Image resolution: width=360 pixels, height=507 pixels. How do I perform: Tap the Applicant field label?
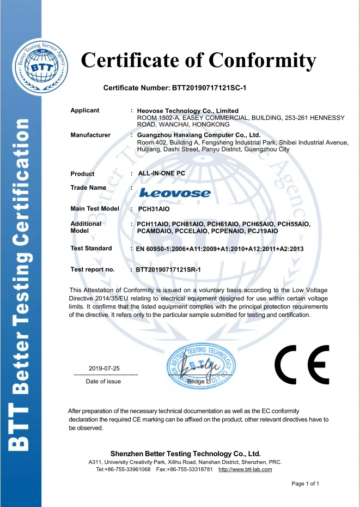pos(85,111)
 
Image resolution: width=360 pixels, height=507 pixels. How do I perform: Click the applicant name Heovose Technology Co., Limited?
pos(188,111)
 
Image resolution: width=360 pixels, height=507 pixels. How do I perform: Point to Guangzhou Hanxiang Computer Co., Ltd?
pos(199,135)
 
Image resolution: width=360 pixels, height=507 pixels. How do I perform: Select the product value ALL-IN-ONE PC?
pos(162,173)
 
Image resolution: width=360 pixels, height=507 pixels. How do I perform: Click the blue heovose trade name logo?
pos(174,192)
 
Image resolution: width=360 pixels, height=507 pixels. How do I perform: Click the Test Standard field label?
pos(91,249)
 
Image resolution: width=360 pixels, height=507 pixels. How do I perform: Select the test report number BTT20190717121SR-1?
pos(168,269)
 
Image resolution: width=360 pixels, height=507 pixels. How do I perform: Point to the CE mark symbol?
pos(302,364)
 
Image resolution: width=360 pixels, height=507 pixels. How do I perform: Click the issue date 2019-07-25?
pos(103,369)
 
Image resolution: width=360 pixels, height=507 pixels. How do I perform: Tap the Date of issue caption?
pos(103,382)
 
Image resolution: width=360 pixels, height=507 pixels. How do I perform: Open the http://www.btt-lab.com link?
pos(245,469)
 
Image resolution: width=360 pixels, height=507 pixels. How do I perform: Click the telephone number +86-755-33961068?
pos(127,469)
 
